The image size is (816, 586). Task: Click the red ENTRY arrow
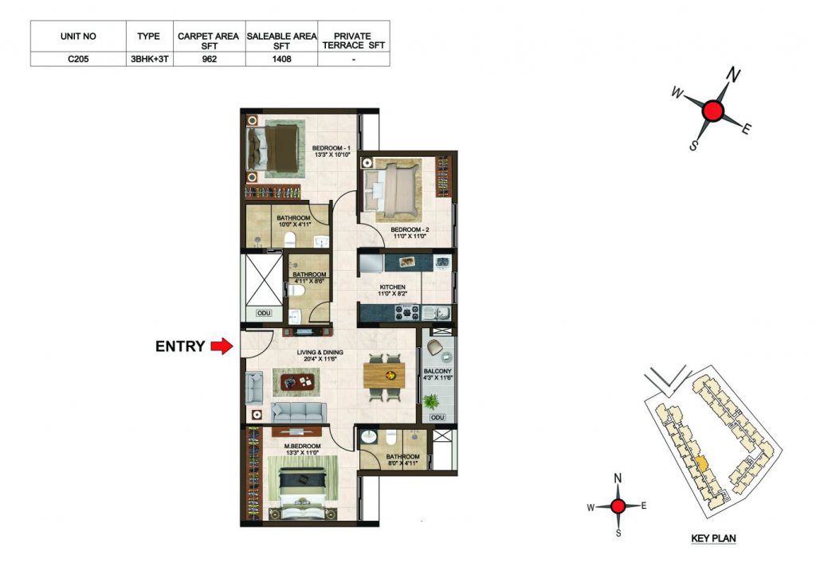(222, 346)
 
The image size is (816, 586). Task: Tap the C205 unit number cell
(78, 59)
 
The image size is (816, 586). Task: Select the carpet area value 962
(210, 59)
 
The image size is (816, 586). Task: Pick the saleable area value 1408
(281, 59)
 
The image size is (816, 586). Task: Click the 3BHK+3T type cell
(149, 59)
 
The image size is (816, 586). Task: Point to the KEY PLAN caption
(713, 538)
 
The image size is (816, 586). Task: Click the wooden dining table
(384, 376)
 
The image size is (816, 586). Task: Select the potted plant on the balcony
(431, 401)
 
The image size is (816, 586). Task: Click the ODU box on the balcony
(437, 417)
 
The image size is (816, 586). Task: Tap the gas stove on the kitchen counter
(407, 312)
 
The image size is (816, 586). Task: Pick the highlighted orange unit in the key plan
(701, 463)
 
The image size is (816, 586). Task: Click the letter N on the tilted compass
(733, 76)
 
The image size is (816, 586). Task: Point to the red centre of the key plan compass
(618, 506)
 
